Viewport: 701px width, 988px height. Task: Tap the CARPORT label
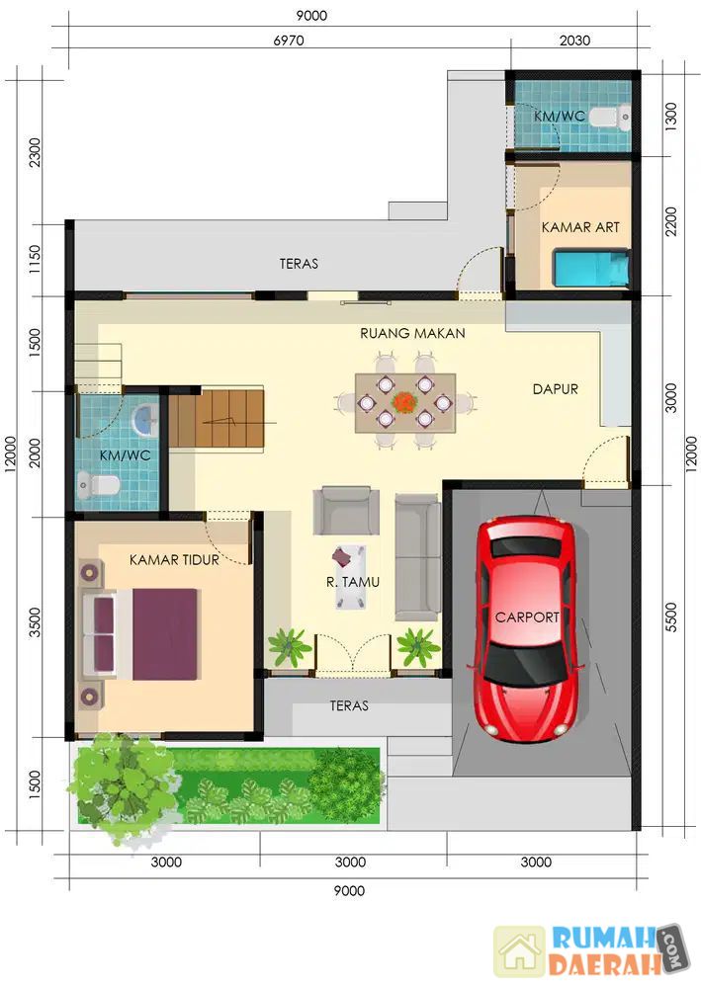point(527,617)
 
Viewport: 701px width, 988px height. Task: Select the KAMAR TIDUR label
point(174,559)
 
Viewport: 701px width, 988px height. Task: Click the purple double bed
point(140,633)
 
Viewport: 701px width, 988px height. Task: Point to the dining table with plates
point(405,403)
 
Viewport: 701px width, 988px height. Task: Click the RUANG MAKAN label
point(412,333)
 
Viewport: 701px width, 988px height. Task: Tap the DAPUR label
point(555,388)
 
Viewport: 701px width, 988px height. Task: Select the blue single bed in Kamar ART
point(591,267)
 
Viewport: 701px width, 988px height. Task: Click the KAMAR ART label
point(580,227)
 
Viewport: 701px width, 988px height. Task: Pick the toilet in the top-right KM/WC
point(611,117)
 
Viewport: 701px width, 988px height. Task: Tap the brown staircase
point(217,417)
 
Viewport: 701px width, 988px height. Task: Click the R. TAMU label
point(352,582)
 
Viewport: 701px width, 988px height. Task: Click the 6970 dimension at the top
point(288,41)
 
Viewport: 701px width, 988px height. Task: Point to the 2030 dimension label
point(574,41)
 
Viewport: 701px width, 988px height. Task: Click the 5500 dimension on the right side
point(671,617)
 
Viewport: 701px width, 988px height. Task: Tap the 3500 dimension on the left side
point(35,621)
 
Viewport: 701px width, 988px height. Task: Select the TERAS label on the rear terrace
point(299,264)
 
